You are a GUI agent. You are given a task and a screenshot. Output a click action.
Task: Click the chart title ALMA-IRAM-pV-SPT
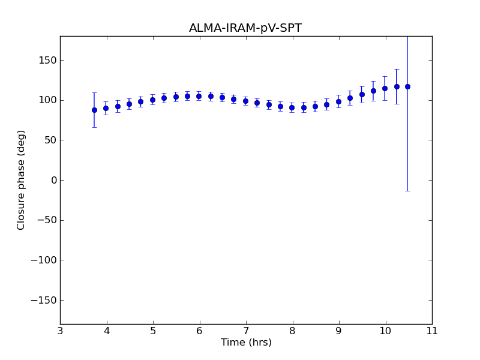coord(245,28)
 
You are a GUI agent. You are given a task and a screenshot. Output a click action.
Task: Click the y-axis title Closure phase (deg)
coord(22,180)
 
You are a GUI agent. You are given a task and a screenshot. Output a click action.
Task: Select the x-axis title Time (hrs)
coord(246,343)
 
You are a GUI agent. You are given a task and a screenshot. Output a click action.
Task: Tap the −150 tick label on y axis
coord(44,300)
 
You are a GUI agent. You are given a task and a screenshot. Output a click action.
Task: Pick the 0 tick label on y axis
coord(53,180)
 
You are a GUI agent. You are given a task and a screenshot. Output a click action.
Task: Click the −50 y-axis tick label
coord(46,220)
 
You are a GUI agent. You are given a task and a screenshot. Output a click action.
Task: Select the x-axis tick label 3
coord(60,331)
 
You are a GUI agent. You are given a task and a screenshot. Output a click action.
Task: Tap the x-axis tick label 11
coord(432,331)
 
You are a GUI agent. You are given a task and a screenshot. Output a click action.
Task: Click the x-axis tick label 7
coord(246,331)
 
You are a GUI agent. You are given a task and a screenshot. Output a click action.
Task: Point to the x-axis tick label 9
coord(339,331)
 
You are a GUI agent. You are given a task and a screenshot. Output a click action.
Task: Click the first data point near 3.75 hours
coord(94,110)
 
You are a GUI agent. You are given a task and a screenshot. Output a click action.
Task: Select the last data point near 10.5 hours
coord(407,86)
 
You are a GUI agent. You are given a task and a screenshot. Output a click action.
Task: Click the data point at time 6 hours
coord(199,96)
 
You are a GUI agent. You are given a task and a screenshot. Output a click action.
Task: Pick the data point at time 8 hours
coord(292,108)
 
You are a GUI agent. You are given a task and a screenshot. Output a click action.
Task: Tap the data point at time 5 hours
coord(152,100)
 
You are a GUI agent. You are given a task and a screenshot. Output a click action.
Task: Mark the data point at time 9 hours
coord(338,101)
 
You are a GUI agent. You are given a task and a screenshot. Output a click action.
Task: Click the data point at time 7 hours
coord(245,101)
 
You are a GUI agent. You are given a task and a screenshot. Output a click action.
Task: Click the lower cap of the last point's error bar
coord(407,191)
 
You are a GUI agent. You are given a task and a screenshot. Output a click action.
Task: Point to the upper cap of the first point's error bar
coord(94,92)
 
